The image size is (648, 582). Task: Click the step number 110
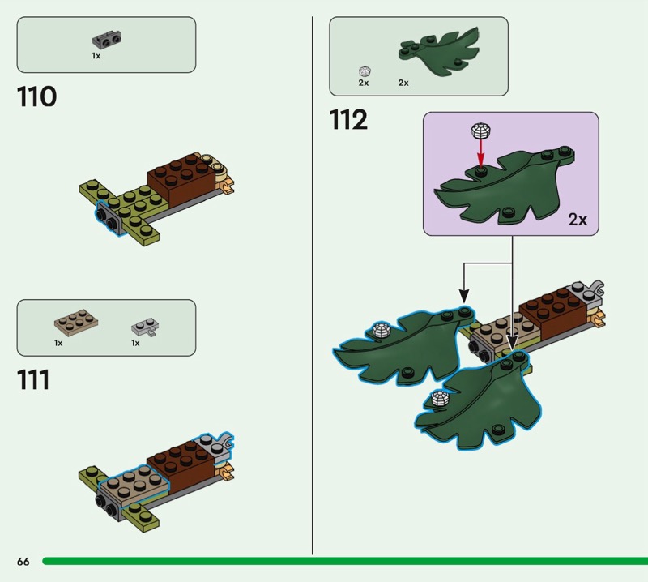click(x=36, y=96)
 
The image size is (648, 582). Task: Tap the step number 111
click(x=33, y=379)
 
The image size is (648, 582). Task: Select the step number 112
click(x=348, y=120)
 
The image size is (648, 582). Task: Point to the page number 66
click(x=23, y=561)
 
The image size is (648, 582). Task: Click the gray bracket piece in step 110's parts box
click(x=107, y=40)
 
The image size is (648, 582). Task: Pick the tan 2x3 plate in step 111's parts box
click(x=76, y=324)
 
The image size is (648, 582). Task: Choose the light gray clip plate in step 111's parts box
click(x=145, y=327)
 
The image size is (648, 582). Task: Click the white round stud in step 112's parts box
click(x=364, y=71)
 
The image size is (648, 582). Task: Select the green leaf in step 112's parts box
click(x=439, y=53)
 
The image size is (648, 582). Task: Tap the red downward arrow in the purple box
click(x=480, y=152)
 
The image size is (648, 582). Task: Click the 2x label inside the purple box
click(x=578, y=219)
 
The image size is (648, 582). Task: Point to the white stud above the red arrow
click(x=480, y=131)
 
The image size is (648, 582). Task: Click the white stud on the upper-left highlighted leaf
click(x=382, y=330)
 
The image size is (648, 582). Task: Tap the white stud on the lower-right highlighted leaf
click(x=439, y=399)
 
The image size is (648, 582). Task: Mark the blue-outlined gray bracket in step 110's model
click(x=109, y=219)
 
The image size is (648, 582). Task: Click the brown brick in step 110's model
click(x=181, y=178)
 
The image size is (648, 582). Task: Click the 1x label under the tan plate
click(x=58, y=343)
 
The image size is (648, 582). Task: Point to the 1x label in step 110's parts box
click(x=96, y=55)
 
